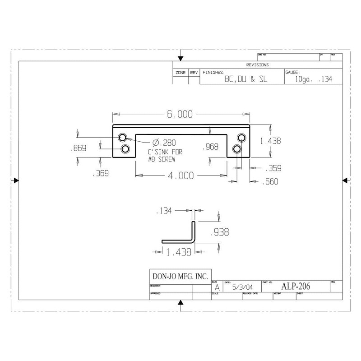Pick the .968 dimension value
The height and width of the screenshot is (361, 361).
(211, 147)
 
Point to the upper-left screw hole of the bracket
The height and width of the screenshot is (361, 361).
(122, 137)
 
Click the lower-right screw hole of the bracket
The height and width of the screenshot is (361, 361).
(236, 148)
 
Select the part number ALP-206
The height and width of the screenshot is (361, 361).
(296, 286)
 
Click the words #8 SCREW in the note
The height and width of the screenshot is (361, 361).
(161, 159)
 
